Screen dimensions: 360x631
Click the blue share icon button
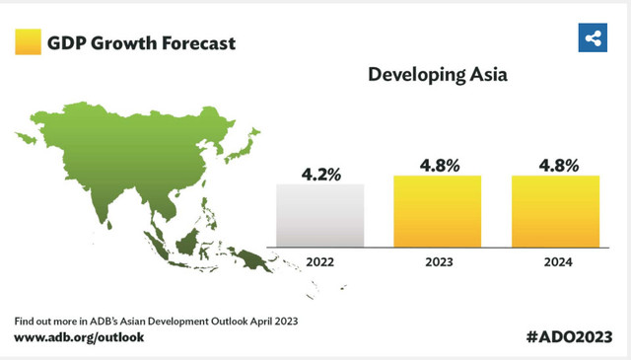tap(592, 38)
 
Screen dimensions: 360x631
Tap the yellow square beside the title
tap(27, 42)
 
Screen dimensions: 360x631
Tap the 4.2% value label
tap(321, 174)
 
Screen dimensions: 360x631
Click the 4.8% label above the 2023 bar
tap(439, 165)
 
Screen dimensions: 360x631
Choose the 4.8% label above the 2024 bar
tap(556, 165)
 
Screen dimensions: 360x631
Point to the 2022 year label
tap(321, 262)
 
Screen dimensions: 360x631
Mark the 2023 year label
tap(438, 262)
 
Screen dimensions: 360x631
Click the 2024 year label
tap(556, 262)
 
